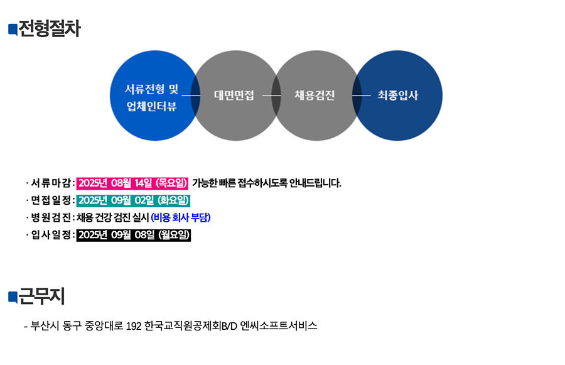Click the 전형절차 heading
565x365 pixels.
click(50, 28)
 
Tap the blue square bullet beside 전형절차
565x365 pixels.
click(13, 30)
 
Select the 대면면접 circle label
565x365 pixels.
click(234, 95)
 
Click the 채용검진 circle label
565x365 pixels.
click(315, 95)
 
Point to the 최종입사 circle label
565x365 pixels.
click(398, 95)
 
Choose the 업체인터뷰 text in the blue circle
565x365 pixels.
click(152, 106)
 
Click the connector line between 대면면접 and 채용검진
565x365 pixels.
click(272, 95)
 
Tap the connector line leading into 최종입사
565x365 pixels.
click(362, 95)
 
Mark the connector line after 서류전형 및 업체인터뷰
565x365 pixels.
click(191, 95)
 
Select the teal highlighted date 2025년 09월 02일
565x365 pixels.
click(133, 200)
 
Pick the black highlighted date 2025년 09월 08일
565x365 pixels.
click(134, 235)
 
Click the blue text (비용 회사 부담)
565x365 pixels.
click(181, 217)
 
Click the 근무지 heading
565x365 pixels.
click(41, 297)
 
